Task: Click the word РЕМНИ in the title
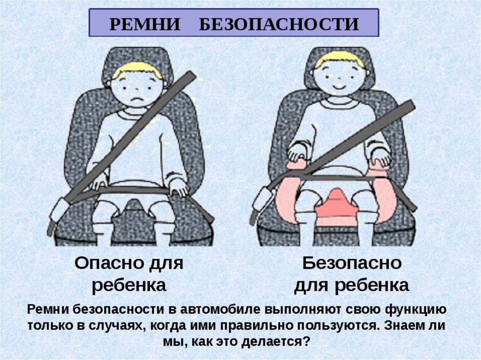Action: [145, 24]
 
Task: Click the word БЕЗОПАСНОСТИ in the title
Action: [279, 24]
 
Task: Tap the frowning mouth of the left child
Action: [137, 100]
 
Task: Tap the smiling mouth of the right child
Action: [338, 86]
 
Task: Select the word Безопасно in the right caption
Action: [352, 263]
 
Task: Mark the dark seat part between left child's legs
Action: [134, 219]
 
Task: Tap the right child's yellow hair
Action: [340, 61]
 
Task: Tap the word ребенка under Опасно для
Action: [129, 285]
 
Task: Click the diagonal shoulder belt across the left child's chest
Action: [129, 137]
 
